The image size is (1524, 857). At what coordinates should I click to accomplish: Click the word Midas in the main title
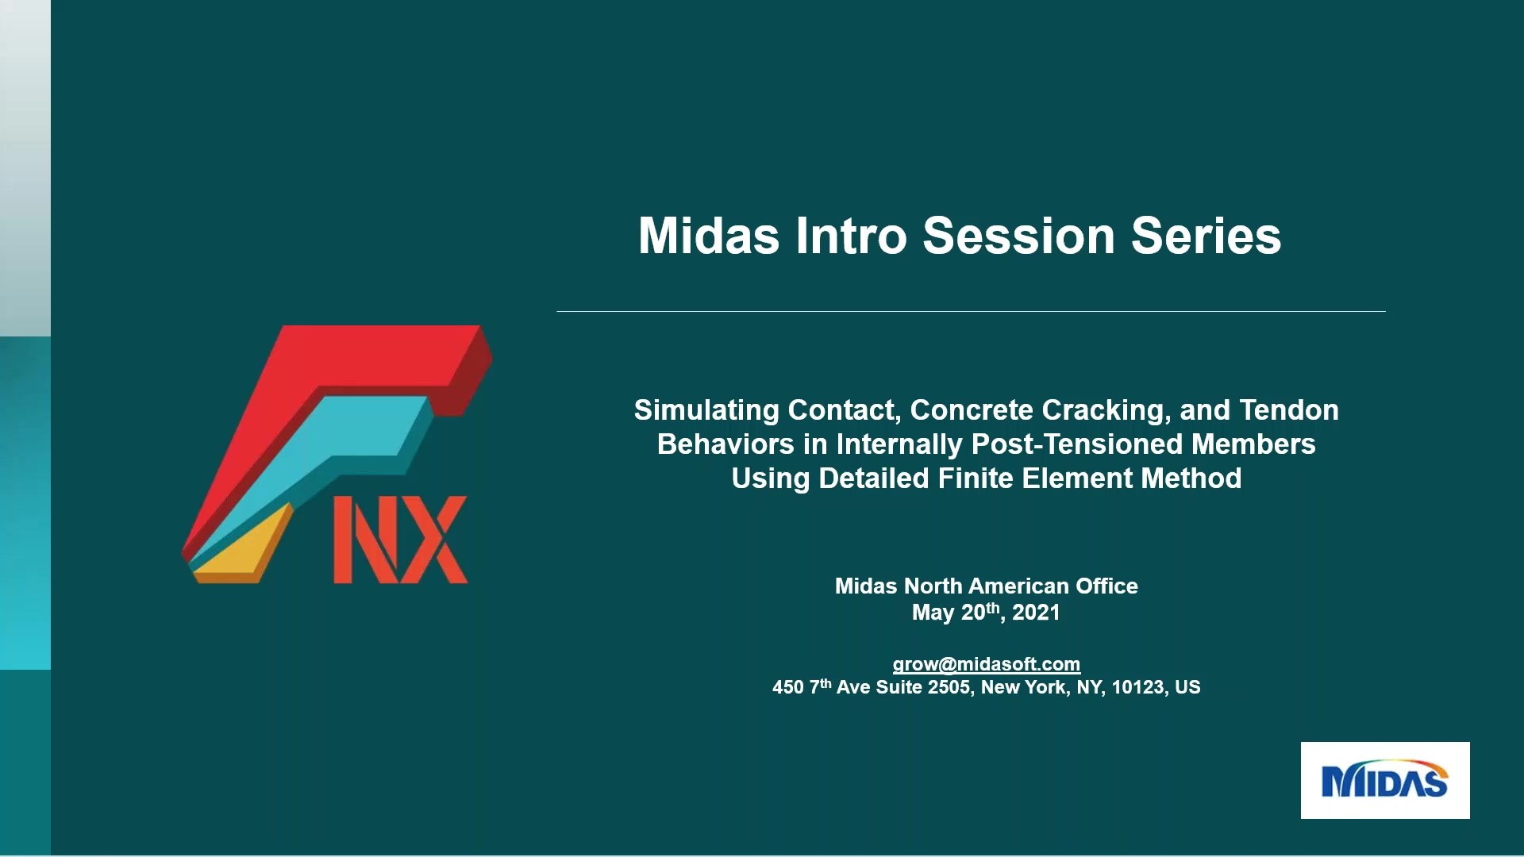[x=709, y=236]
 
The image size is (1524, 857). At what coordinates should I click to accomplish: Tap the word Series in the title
[x=1206, y=236]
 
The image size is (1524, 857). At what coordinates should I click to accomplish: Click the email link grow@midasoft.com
[x=986, y=664]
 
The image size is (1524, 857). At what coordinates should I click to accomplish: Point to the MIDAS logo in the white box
[x=1384, y=781]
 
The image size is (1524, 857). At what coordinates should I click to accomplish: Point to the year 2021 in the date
[x=1036, y=613]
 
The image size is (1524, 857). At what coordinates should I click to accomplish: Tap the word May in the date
[x=933, y=613]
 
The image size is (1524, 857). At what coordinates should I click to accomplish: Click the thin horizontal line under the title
[x=970, y=311]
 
